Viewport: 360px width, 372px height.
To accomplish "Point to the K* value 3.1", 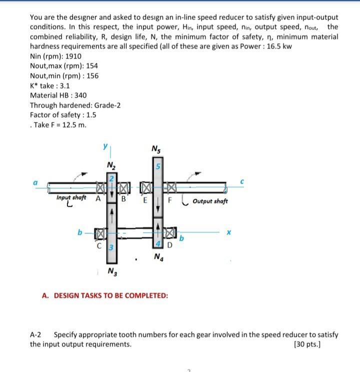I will click(x=63, y=86).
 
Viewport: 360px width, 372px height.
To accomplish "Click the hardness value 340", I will click(x=80, y=95).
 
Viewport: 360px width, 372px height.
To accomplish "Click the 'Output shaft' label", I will click(x=210, y=201).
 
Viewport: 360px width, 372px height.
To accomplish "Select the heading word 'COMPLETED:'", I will click(x=143, y=295).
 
